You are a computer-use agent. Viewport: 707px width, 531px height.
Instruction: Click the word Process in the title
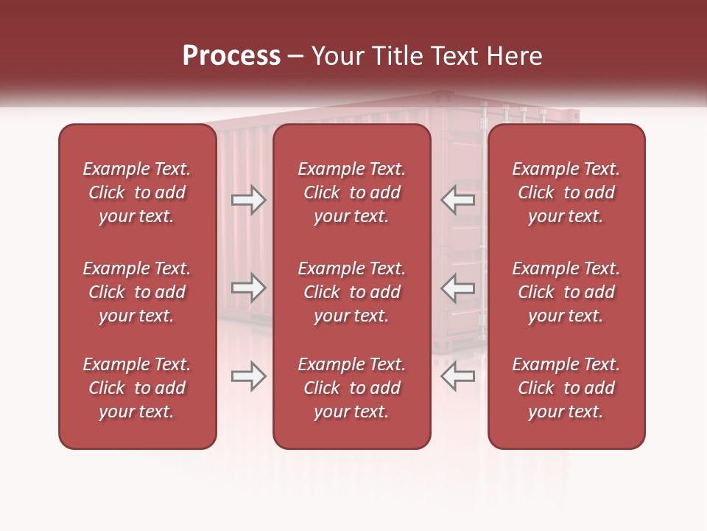click(231, 56)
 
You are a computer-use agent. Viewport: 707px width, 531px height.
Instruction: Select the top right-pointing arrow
click(248, 200)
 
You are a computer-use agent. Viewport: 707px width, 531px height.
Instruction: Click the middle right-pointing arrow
click(248, 287)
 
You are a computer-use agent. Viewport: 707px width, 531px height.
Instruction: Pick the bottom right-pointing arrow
click(248, 376)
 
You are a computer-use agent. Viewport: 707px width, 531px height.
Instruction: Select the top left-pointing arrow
click(458, 200)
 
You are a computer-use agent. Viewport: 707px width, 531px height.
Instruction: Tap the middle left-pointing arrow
click(458, 287)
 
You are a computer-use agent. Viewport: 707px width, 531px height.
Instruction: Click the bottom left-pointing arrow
click(458, 376)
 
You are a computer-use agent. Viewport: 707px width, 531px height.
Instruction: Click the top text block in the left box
click(137, 192)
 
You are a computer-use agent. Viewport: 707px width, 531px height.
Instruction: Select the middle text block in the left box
click(137, 292)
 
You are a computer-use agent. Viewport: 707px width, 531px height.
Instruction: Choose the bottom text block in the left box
click(137, 388)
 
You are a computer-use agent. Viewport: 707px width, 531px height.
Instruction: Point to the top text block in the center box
click(352, 192)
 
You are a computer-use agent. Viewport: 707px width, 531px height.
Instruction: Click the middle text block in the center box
click(352, 292)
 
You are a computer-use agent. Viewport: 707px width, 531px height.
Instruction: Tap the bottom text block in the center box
click(352, 388)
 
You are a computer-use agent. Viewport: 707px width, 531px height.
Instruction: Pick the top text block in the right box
click(566, 192)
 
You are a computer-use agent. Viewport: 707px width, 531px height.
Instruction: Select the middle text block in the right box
click(566, 292)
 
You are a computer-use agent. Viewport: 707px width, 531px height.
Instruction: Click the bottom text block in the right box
click(566, 388)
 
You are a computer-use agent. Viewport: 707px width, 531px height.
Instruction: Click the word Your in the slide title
click(336, 56)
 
